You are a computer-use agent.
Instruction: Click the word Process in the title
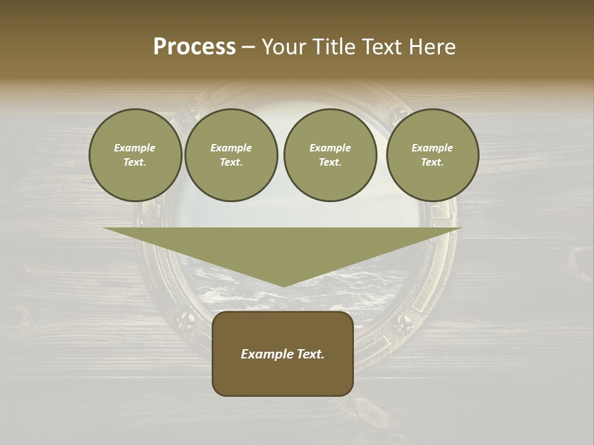pos(194,47)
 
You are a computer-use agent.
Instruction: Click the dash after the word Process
pos(248,48)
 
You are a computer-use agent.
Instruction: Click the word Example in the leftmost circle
pos(135,148)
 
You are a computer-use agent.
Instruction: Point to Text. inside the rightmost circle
pos(433,162)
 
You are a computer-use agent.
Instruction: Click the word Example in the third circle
pos(330,148)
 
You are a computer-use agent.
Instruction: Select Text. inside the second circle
pos(231,162)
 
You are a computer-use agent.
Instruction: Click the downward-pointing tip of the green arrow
pos(283,286)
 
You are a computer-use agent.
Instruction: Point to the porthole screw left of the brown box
pos(184,320)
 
